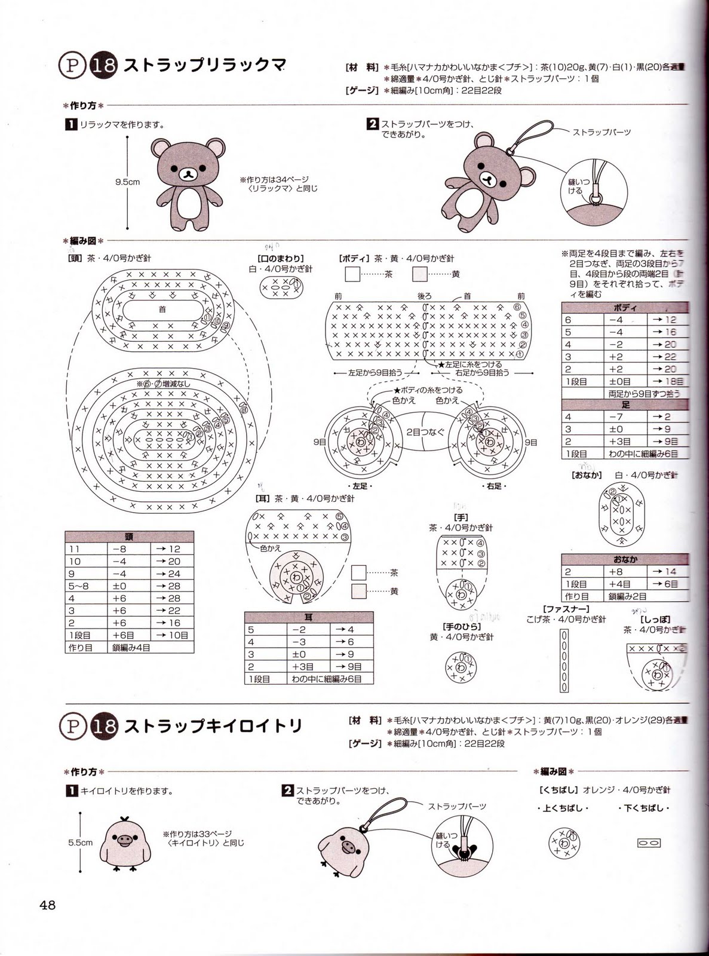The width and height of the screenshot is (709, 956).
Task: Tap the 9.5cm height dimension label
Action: click(127, 182)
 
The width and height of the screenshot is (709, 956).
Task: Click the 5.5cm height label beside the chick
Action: click(80, 842)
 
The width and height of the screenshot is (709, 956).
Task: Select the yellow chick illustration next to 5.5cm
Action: click(124, 844)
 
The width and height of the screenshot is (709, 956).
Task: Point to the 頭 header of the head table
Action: click(129, 537)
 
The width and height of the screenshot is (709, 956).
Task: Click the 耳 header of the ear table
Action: click(308, 617)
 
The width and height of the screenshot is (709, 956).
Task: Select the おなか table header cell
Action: click(625, 559)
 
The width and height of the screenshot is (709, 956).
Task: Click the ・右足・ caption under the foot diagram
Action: click(494, 486)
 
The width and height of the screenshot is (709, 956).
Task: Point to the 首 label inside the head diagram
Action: click(162, 309)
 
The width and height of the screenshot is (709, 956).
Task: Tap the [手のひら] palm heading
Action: click(461, 626)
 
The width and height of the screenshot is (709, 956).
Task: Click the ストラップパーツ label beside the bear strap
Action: click(601, 132)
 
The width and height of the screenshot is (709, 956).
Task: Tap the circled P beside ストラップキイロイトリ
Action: click(72, 727)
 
